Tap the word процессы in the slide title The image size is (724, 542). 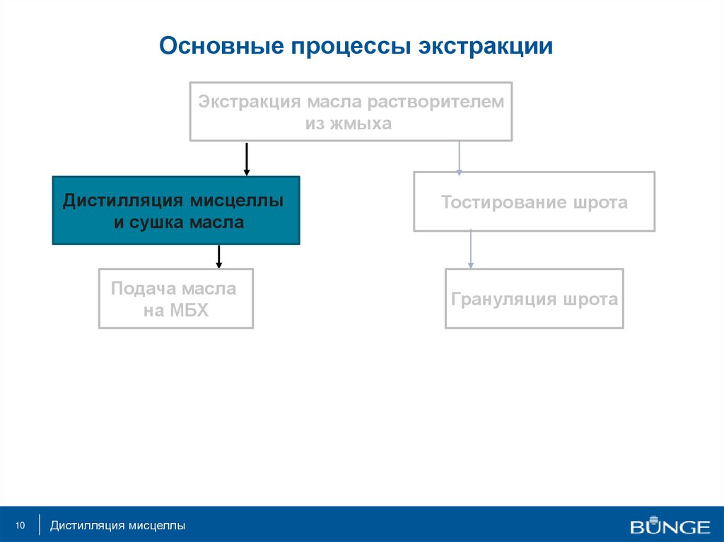click(x=350, y=47)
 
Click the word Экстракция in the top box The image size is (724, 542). click(x=250, y=102)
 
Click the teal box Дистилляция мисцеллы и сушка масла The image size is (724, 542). click(x=176, y=211)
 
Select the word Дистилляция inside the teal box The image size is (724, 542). click(x=124, y=201)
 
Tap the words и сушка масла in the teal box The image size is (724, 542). click(x=179, y=223)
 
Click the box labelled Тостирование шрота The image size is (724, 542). click(x=534, y=201)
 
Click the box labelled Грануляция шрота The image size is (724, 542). click(x=534, y=298)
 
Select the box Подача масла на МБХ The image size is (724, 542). click(x=176, y=298)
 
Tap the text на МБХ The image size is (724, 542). click(x=176, y=310)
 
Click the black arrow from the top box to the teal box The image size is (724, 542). click(x=247, y=158)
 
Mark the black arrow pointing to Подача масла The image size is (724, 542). click(x=219, y=257)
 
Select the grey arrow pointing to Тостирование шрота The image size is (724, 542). click(x=460, y=157)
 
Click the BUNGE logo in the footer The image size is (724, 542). click(x=670, y=526)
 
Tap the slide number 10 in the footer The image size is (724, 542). click(x=20, y=526)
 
